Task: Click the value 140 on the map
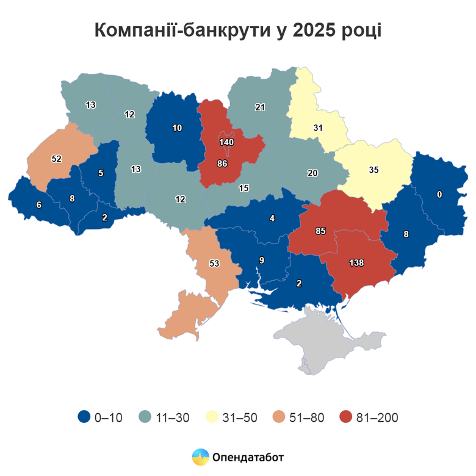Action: click(x=226, y=142)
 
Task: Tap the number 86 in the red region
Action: click(x=222, y=164)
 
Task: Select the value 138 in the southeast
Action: click(x=356, y=263)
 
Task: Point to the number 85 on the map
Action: click(x=320, y=231)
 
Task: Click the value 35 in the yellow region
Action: click(x=373, y=170)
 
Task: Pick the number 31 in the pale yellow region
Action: click(x=317, y=128)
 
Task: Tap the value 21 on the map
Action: click(x=259, y=107)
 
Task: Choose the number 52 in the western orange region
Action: click(x=56, y=159)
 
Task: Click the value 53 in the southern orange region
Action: click(x=214, y=264)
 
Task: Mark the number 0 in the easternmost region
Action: click(x=439, y=195)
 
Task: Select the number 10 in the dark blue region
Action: click(x=177, y=128)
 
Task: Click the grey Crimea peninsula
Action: click(x=317, y=342)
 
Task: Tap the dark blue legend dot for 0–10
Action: click(x=84, y=417)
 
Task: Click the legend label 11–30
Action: click(x=173, y=418)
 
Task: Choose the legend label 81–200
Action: click(x=377, y=418)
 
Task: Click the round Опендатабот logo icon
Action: click(x=200, y=456)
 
